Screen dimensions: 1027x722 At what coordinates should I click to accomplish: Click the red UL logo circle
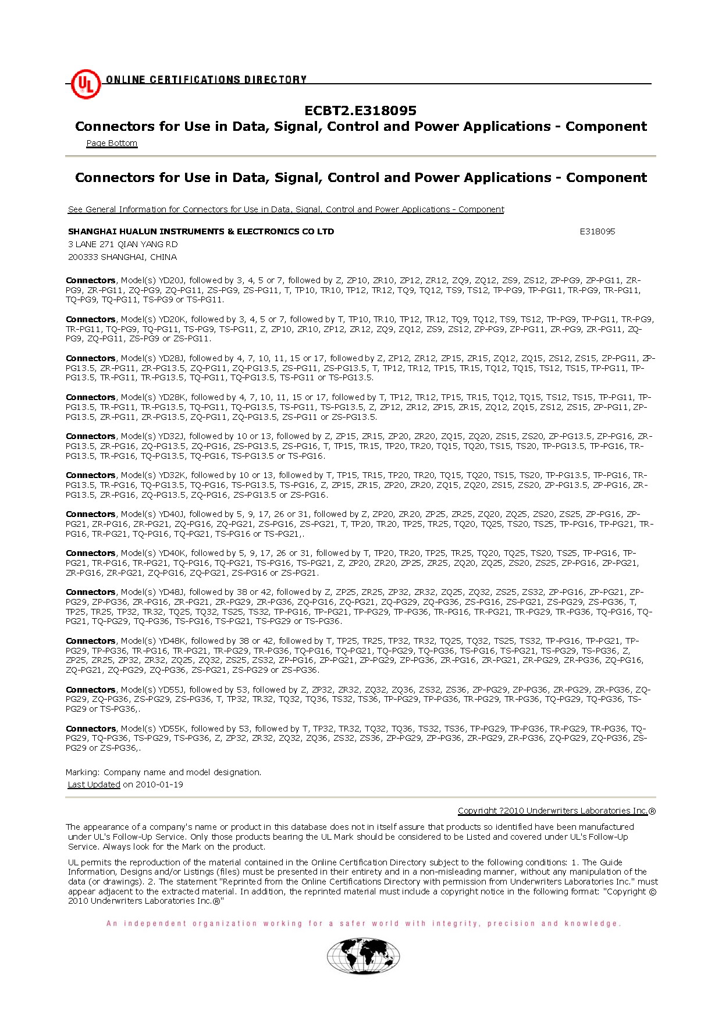[x=86, y=84]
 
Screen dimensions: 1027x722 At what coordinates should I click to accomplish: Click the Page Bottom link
[x=112, y=143]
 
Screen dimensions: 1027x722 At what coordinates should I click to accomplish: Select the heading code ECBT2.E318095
[x=360, y=110]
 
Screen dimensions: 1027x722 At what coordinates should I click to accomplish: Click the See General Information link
[x=286, y=209]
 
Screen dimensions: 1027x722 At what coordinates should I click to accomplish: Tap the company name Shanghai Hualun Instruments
[x=201, y=231]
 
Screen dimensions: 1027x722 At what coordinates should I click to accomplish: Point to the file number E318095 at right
[x=597, y=231]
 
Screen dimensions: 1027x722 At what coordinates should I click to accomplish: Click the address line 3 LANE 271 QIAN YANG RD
[x=123, y=244]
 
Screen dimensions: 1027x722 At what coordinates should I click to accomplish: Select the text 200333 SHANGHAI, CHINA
[x=122, y=257]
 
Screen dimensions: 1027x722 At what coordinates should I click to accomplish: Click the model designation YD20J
[x=171, y=280]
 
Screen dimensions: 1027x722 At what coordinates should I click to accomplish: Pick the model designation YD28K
[x=172, y=397]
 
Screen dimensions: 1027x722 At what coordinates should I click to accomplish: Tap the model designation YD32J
[x=171, y=436]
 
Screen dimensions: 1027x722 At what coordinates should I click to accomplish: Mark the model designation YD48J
[x=171, y=592]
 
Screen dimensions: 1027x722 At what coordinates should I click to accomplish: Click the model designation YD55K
[x=172, y=729]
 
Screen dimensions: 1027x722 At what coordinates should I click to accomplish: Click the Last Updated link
[x=94, y=784]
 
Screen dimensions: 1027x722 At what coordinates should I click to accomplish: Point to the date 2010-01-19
[x=159, y=784]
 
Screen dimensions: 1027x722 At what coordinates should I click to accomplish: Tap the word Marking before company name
[x=83, y=772]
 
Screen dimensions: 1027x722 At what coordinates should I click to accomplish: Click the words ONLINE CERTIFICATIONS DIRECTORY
[x=206, y=80]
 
